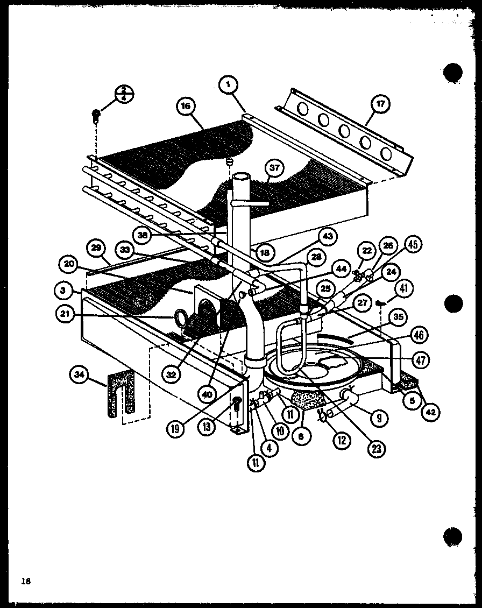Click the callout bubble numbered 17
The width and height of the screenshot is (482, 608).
380,104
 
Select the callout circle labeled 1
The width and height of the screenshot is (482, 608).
228,84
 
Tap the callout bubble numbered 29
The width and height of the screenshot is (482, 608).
96,249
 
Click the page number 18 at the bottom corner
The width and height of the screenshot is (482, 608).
25,581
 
